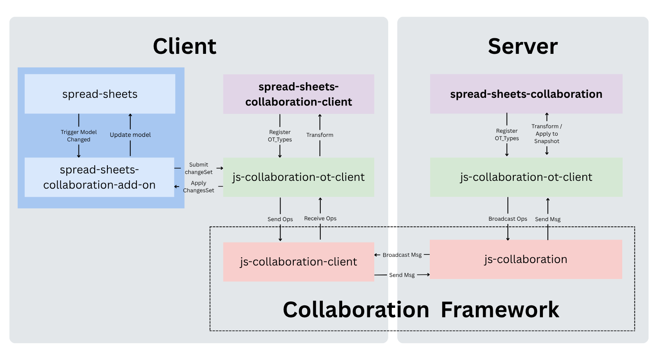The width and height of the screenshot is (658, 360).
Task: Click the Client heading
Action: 184,46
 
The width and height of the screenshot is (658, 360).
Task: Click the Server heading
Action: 523,46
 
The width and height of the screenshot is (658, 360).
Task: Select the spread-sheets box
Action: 100,94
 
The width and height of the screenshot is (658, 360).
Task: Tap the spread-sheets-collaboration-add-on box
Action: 100,177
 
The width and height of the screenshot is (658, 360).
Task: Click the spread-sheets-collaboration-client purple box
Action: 299,94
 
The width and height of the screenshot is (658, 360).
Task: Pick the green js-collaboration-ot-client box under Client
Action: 299,177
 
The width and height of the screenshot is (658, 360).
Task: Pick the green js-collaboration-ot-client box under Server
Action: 526,177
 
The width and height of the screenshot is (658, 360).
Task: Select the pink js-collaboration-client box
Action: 299,262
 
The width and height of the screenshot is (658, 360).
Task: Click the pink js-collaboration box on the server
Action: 526,259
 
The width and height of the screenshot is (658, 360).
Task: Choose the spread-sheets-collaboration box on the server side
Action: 526,94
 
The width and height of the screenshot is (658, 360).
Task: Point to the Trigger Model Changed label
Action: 79,136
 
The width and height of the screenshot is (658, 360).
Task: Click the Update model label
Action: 130,135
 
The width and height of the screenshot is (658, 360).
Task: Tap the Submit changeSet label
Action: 199,168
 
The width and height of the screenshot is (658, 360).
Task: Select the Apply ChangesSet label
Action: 199,187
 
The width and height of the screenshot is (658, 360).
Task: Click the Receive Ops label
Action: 320,219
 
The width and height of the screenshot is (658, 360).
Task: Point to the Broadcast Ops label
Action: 507,219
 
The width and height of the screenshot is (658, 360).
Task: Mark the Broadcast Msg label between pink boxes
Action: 402,255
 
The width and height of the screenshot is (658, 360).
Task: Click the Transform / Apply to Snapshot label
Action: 547,134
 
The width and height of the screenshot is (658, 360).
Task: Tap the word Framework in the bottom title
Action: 500,310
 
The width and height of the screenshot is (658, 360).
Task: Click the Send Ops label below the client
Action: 280,219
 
